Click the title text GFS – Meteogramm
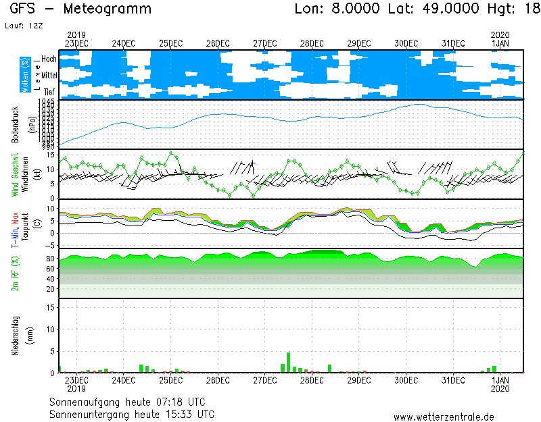(82, 9)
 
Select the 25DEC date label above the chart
(170, 43)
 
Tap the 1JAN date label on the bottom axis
(500, 381)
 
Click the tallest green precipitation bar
(289, 362)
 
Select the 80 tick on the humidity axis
(50, 259)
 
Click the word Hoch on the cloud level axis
(49, 59)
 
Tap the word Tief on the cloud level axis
(49, 90)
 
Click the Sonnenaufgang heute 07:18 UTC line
(132, 402)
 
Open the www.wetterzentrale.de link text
(444, 417)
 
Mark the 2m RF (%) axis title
(15, 273)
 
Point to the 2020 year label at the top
(500, 34)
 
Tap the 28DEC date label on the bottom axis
(312, 381)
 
